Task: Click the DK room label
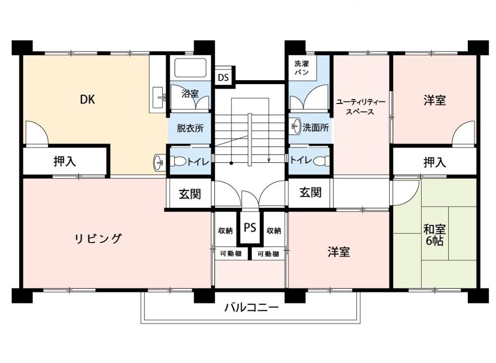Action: point(87,100)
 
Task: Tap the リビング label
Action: point(98,239)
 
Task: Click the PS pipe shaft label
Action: point(250,227)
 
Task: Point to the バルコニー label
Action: point(252,307)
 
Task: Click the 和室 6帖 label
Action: point(434,234)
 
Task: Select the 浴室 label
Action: point(190,94)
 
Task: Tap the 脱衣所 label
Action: point(190,128)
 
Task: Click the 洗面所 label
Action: point(315,128)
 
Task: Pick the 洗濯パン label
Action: point(301,68)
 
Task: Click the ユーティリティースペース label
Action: point(361,106)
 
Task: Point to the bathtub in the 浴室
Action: point(190,68)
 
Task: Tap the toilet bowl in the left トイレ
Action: point(179,161)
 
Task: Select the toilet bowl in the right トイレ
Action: point(321,160)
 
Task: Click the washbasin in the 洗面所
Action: point(296,126)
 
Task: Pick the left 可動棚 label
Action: point(231,254)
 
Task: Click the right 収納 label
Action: point(274,231)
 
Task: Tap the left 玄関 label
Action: point(190,194)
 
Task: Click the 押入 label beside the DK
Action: point(65,161)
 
